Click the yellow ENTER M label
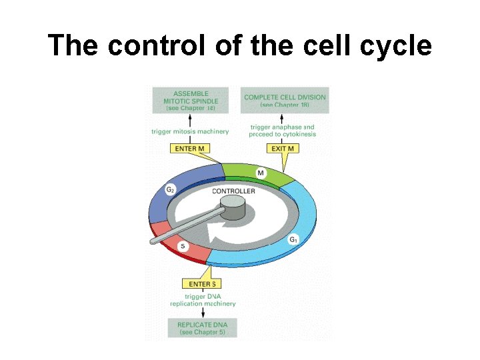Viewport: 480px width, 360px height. click(x=189, y=148)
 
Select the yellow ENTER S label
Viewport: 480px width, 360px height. click(x=203, y=284)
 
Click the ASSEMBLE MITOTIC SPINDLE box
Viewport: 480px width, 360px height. click(x=191, y=100)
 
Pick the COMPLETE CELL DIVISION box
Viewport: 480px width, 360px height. click(x=285, y=101)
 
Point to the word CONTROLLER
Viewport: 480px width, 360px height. click(x=233, y=191)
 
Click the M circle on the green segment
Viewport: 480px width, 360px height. click(x=261, y=173)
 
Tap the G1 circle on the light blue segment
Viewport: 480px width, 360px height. click(x=293, y=239)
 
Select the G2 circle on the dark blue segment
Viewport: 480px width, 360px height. click(x=171, y=189)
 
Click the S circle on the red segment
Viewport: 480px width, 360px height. click(x=183, y=247)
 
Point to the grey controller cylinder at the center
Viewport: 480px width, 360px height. click(x=233, y=210)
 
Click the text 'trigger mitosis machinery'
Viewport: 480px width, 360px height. click(x=190, y=131)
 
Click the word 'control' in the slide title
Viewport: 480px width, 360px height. click(x=148, y=45)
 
